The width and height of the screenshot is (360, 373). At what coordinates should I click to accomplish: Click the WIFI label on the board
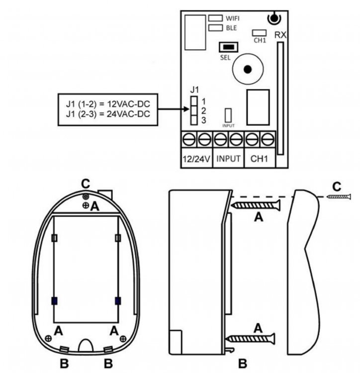tap(232, 18)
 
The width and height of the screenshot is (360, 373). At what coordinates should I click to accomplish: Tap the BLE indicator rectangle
tap(215, 28)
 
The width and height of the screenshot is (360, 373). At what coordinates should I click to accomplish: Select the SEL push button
tap(229, 47)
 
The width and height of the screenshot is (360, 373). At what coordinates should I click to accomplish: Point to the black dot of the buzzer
tap(248, 70)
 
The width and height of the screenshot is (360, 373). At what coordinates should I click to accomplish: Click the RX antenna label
tap(280, 35)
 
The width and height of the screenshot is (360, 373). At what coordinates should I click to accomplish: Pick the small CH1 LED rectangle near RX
tap(259, 33)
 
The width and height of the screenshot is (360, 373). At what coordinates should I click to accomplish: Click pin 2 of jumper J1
tap(194, 110)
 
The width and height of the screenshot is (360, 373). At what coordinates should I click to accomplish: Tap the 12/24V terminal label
tap(196, 159)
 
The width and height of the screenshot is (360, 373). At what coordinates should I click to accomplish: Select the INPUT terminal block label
tap(228, 159)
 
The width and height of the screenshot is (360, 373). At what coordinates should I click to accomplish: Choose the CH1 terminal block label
tap(259, 159)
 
